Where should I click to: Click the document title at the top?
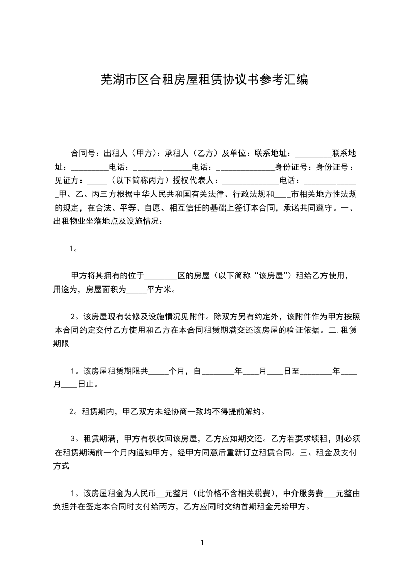pos(204,80)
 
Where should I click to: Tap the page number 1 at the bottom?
pos(203,543)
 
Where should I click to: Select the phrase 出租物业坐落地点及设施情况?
pos(107,221)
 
